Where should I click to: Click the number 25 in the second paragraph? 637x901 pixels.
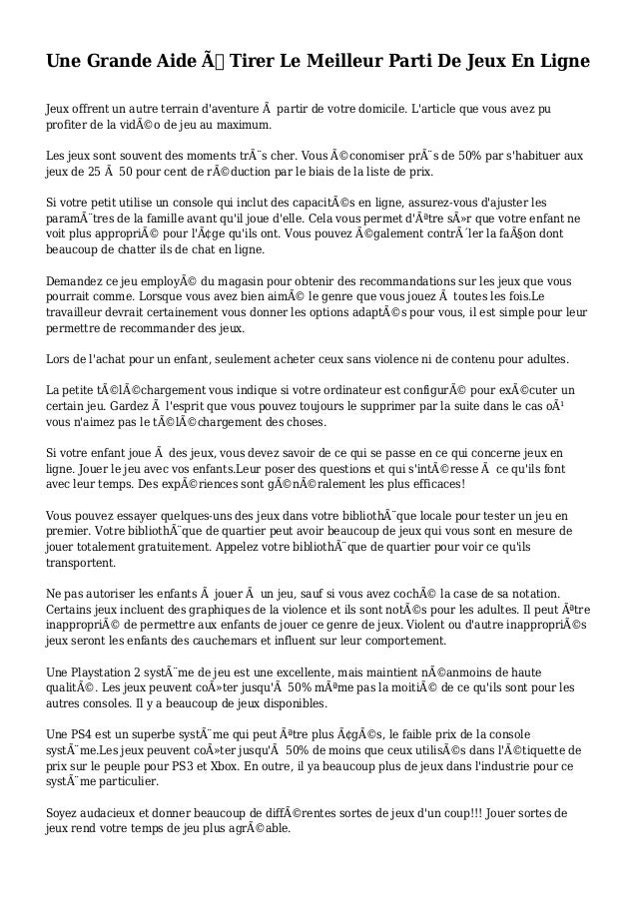(95, 174)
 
